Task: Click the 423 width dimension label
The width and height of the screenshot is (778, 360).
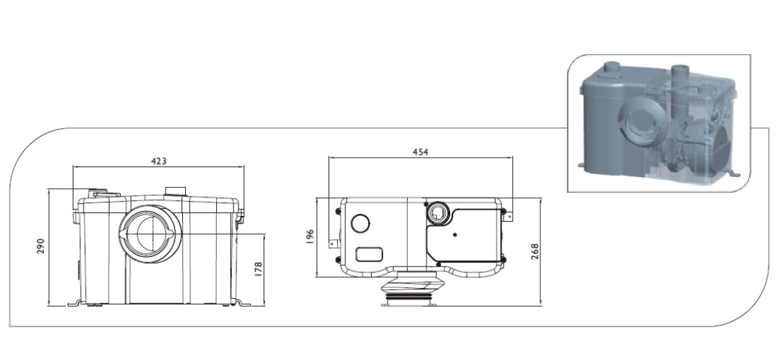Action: pos(158,161)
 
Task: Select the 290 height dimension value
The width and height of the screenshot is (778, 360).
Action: pos(41,246)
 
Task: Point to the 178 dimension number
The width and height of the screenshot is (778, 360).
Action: pos(259,269)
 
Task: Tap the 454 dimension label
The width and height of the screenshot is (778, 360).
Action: pos(419,152)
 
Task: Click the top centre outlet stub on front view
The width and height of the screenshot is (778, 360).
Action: pos(175,192)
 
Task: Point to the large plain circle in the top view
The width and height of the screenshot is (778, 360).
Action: pos(360,225)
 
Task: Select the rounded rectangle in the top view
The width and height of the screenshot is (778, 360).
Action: pos(370,253)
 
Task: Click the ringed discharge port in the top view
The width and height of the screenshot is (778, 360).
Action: pos(437,212)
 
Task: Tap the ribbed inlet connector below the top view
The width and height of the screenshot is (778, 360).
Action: pos(408,292)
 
